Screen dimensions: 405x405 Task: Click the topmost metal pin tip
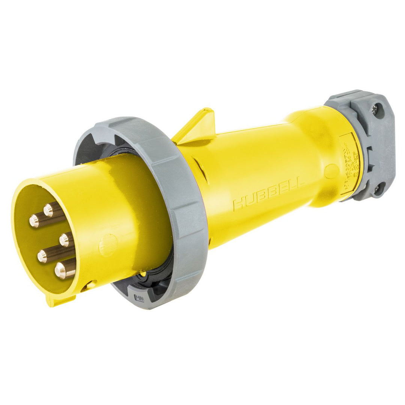[x=48, y=210]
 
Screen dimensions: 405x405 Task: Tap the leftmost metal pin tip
[x=34, y=221]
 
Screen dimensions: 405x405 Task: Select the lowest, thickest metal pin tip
[x=61, y=270]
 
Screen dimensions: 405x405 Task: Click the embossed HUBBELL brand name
[x=268, y=194]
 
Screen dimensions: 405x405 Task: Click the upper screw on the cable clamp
[x=375, y=109]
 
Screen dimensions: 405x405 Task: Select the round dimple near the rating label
[x=331, y=171]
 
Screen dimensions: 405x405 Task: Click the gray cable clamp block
[x=366, y=146]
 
